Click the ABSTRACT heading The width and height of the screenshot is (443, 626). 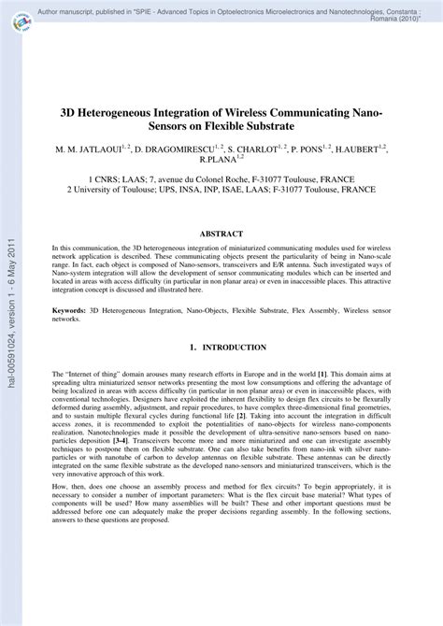pyautogui.click(x=221, y=233)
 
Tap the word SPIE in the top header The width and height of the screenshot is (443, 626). pyautogui.click(x=178, y=6)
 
